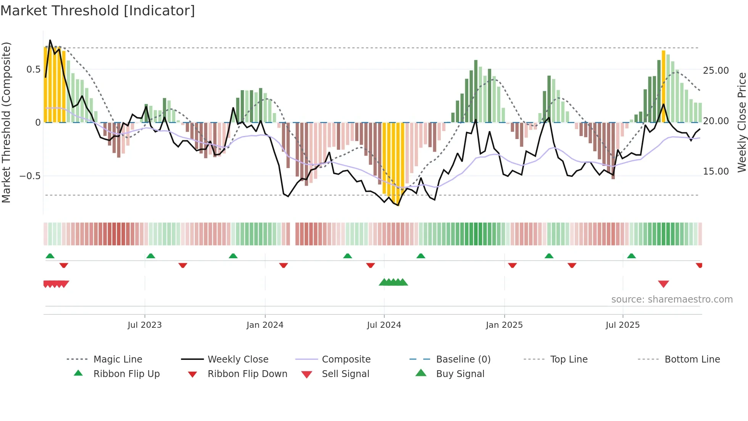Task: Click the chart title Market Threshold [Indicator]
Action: pos(98,11)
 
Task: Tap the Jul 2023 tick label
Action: pos(145,325)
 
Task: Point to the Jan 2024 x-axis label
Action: pos(265,325)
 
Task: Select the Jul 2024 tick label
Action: pos(384,325)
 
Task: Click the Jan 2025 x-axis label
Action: pos(504,325)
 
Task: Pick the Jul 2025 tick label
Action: pos(622,325)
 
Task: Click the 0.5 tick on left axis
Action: pos(33,70)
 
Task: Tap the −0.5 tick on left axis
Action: pos(30,176)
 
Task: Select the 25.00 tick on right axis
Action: pos(716,71)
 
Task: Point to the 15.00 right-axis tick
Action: pos(716,172)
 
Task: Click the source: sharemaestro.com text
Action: pos(672,300)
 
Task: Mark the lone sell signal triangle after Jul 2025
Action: pos(663,284)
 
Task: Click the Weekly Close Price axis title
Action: pos(742,122)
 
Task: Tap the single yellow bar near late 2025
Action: pos(663,86)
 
